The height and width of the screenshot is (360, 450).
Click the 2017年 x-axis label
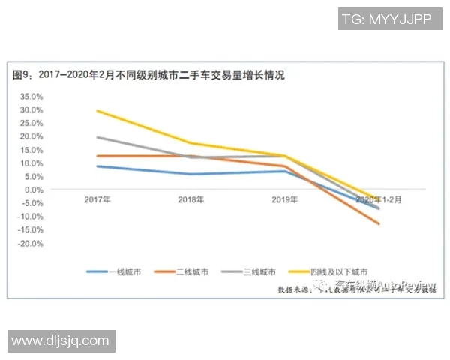[97, 200]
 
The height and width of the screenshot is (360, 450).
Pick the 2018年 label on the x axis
[190, 200]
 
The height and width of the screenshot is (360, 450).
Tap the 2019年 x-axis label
[284, 200]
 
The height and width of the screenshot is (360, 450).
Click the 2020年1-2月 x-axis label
[378, 200]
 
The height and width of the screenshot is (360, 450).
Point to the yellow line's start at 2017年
[97, 110]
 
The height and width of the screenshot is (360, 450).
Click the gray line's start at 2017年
[97, 137]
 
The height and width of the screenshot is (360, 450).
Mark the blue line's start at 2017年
[97, 166]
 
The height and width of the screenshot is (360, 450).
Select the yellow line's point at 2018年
[191, 143]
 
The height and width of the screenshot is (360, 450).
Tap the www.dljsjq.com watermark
[61, 340]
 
